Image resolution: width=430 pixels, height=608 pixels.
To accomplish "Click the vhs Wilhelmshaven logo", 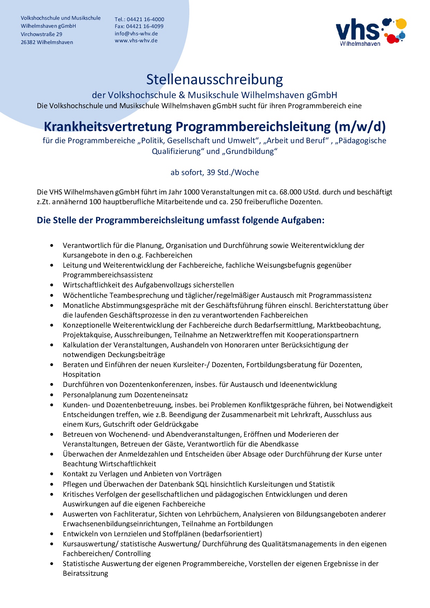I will (371, 32).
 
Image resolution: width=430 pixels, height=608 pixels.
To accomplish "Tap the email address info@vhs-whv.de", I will (136, 34).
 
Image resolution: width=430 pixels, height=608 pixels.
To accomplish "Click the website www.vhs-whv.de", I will (136, 41).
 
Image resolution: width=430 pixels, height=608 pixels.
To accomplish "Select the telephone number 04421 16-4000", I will (145, 19).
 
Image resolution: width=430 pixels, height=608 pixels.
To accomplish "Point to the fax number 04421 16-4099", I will (145, 26).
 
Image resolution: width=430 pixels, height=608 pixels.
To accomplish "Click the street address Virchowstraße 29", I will (42, 34).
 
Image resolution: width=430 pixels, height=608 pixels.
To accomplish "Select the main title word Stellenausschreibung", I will (215, 79).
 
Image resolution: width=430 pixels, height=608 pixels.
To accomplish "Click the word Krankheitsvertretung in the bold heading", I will (108, 127).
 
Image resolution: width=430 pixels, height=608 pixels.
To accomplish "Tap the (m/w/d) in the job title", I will (360, 127).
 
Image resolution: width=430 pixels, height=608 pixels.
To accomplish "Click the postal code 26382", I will (28, 42).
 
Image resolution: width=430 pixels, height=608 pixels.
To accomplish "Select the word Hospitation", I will (81, 375).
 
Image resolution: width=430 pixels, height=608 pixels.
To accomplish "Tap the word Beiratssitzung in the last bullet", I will (85, 574).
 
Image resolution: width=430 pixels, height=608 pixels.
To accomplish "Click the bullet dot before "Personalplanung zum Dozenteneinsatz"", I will (52, 395).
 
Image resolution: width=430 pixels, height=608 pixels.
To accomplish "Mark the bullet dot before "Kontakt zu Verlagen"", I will (52, 474).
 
